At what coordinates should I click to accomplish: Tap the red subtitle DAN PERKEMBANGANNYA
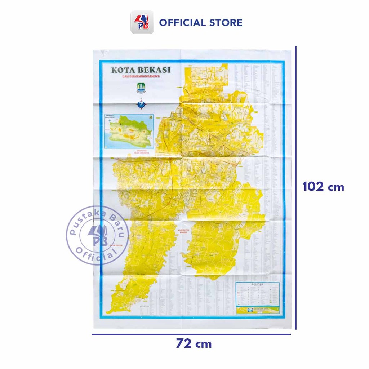tap(141, 77)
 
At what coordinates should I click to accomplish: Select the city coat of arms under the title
tap(141, 87)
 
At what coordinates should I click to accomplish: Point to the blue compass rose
tap(141, 104)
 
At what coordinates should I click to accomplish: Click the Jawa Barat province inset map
tap(129, 131)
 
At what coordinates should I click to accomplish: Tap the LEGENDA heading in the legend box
tap(258, 284)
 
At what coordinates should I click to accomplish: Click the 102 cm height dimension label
tap(323, 187)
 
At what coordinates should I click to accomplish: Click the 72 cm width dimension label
tap(194, 344)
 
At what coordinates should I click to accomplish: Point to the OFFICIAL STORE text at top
tap(201, 22)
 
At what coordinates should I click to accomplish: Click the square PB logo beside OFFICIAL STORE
tap(142, 22)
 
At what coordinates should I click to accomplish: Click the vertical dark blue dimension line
tap(296, 187)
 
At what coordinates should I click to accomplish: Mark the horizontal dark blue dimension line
tap(191, 334)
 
